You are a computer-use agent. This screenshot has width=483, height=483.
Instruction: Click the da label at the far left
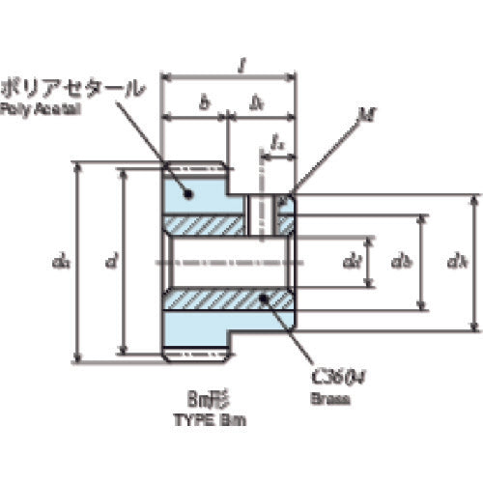[61, 260]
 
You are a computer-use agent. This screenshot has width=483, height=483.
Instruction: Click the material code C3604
[332, 378]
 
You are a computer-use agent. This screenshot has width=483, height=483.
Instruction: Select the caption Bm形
[204, 398]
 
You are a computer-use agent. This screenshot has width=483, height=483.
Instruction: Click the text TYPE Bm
[204, 419]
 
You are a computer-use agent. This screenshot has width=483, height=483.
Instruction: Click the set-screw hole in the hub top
[259, 213]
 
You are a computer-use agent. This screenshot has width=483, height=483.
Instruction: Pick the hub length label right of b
[258, 102]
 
